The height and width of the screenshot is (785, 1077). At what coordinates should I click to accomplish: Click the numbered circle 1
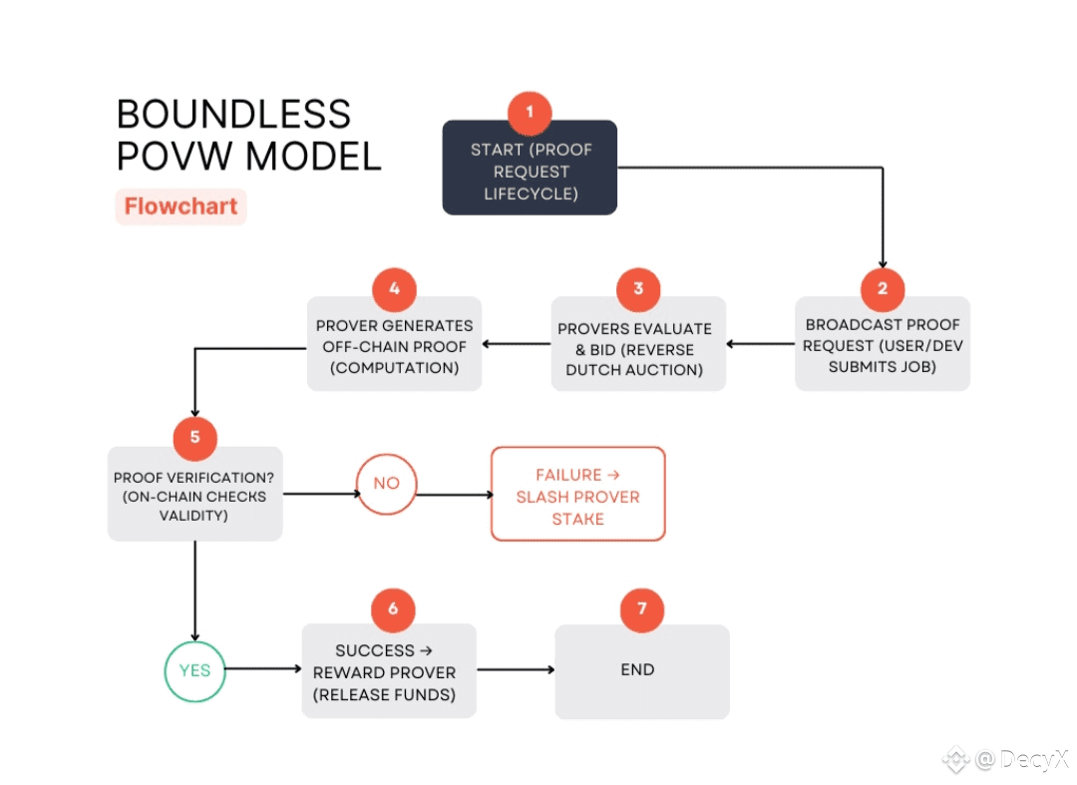pyautogui.click(x=530, y=113)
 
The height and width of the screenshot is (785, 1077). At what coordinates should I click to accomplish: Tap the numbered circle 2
pyautogui.click(x=883, y=289)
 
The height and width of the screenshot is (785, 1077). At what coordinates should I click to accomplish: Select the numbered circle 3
pyautogui.click(x=638, y=289)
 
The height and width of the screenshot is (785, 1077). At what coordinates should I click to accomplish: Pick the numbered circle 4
pyautogui.click(x=395, y=289)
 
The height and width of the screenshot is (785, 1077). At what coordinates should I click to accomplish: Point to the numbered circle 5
pyautogui.click(x=194, y=437)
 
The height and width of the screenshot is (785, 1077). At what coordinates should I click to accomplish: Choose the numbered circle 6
pyautogui.click(x=392, y=608)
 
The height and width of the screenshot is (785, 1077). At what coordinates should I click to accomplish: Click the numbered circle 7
pyautogui.click(x=642, y=608)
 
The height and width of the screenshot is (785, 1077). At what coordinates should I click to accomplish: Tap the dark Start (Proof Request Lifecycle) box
pyautogui.click(x=530, y=172)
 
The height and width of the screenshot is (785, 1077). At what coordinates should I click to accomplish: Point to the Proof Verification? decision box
pyautogui.click(x=194, y=496)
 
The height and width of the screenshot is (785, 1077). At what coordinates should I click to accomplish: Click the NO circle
pyautogui.click(x=386, y=483)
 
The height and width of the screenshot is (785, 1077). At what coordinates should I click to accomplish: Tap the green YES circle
pyautogui.click(x=194, y=670)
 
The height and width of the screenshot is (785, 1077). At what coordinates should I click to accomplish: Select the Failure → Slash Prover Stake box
pyautogui.click(x=577, y=496)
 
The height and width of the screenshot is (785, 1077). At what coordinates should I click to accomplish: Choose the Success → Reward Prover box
pyautogui.click(x=389, y=672)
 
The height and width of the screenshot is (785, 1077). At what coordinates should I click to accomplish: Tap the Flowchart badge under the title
pyautogui.click(x=180, y=207)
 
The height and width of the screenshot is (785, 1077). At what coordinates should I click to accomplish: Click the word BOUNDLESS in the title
pyautogui.click(x=233, y=115)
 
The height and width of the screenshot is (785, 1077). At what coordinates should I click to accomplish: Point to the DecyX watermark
pyautogui.click(x=1007, y=760)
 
